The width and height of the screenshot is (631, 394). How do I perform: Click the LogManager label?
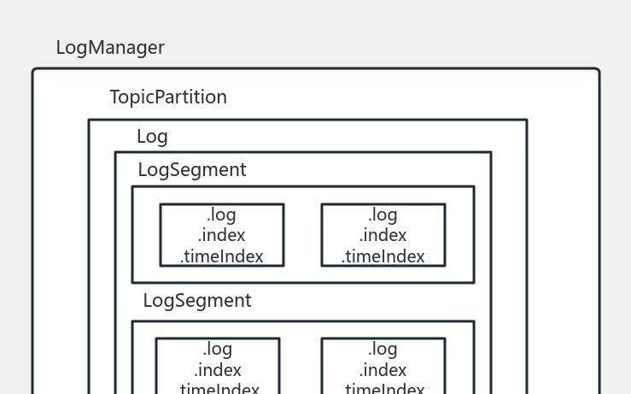pos(110,48)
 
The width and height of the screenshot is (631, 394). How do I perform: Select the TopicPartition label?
pos(168,97)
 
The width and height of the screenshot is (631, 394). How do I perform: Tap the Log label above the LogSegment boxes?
pos(152,137)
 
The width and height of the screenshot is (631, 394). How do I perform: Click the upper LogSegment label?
pos(192,170)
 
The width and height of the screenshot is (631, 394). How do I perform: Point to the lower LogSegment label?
pos(197,301)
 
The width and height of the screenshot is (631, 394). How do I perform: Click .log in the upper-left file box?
pos(221,215)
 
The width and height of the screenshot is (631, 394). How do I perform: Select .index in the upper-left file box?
pos(221,235)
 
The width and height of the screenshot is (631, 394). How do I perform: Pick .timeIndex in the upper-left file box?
pos(221,256)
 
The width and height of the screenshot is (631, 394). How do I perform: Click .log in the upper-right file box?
pos(383,215)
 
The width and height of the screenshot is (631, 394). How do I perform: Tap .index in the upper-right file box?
pos(383,235)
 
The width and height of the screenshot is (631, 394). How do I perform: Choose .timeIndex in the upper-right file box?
pos(383,256)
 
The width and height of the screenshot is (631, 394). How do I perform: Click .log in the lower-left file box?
pos(217,350)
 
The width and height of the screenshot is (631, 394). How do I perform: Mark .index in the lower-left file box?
pos(217,370)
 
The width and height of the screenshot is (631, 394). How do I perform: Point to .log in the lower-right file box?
pos(383,350)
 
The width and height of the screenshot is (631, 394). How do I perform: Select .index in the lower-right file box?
pos(383,370)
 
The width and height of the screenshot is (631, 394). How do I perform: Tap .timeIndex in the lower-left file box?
pos(217,389)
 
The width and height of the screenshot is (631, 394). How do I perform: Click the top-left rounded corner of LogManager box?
pos(35,71)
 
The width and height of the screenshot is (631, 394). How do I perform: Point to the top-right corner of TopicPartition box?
pos(526,121)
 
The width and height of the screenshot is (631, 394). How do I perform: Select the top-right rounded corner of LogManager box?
pos(597,71)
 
